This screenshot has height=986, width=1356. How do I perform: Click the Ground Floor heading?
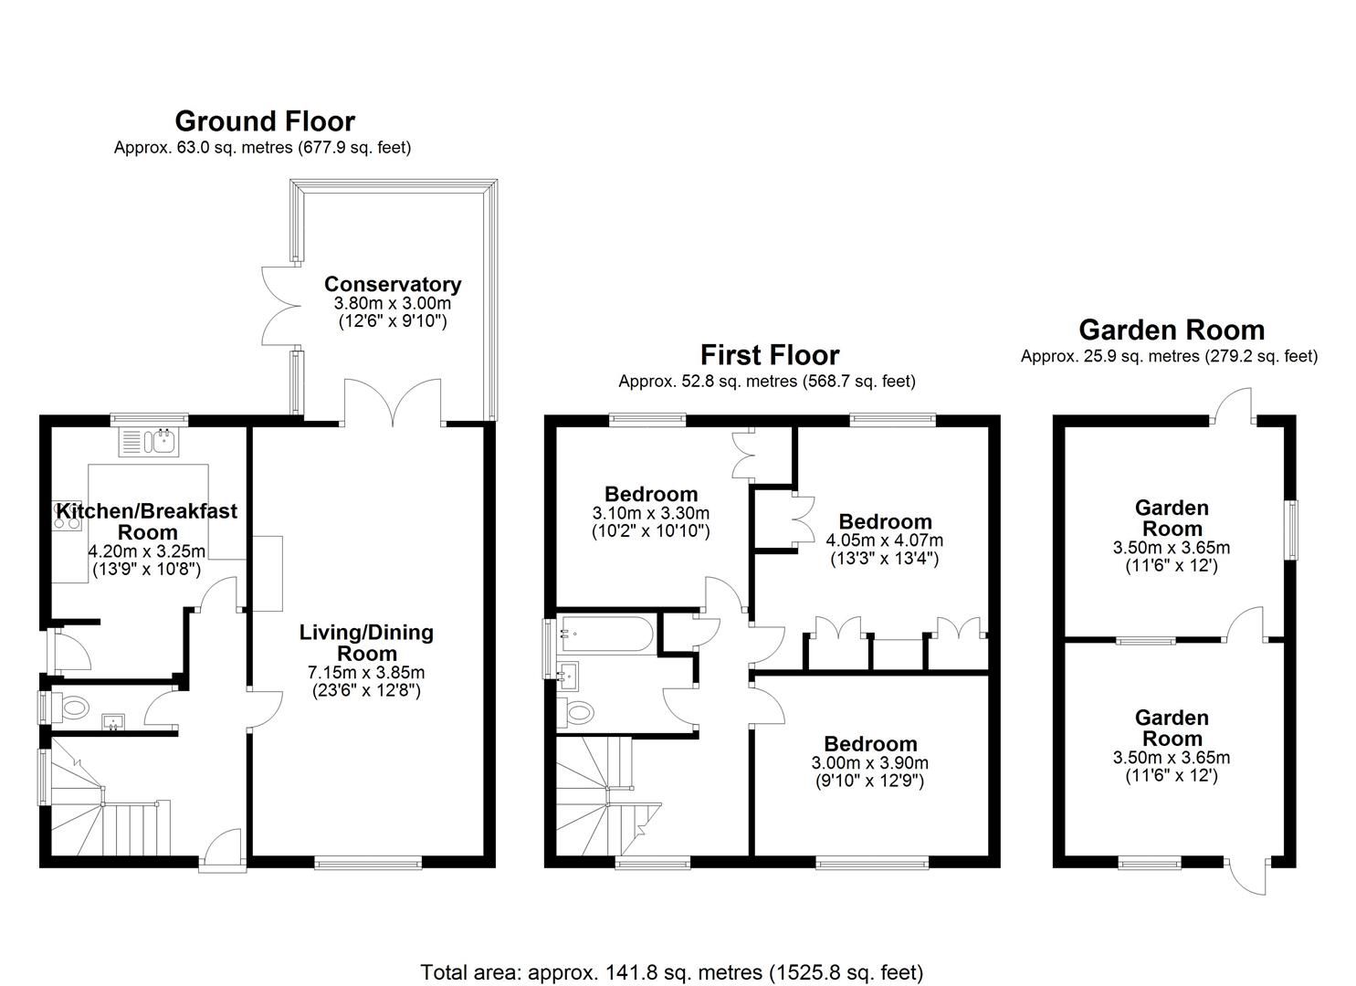264,121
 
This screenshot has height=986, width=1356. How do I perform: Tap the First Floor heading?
769,354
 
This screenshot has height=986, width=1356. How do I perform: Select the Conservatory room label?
392,284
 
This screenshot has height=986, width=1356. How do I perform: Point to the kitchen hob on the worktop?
68,514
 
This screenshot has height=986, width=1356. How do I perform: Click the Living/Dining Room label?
366,642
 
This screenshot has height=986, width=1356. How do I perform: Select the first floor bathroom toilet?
577,710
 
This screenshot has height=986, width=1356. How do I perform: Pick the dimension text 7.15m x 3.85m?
366,673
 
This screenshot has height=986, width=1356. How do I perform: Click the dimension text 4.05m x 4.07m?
885,540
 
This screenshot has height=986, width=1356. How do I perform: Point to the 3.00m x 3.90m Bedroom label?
869,743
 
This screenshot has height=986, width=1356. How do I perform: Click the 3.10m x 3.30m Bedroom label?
650,495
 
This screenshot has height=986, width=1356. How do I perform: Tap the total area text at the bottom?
671,972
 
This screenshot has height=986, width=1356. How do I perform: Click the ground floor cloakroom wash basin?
114,722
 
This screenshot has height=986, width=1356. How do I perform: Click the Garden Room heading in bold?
1172,330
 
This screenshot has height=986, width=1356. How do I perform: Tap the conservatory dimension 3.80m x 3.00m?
392,303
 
